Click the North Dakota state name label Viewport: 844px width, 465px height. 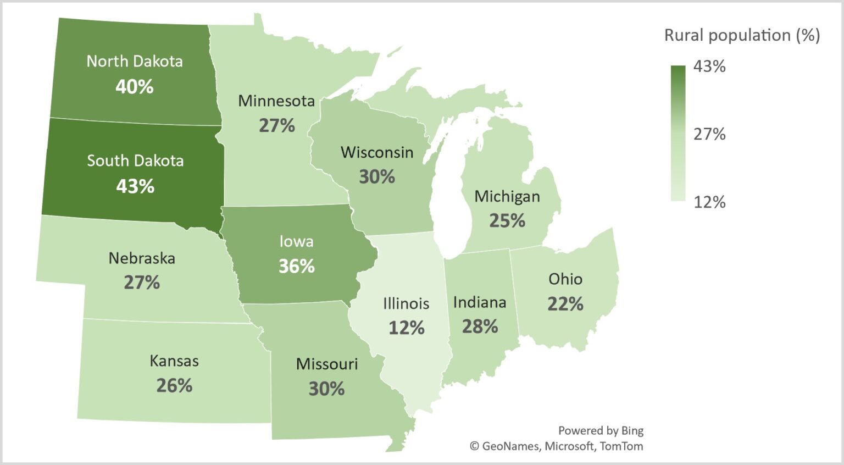click(135, 61)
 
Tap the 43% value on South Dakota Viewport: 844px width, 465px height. click(135, 186)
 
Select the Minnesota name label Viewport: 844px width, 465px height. click(276, 101)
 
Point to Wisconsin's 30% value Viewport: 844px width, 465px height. click(377, 176)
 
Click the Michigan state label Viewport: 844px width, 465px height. click(507, 196)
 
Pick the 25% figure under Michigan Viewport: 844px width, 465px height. click(507, 220)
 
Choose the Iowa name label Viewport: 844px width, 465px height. click(297, 241)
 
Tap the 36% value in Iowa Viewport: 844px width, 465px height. click(297, 266)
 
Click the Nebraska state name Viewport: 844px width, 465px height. click(142, 258)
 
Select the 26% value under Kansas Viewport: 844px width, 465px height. click(174, 385)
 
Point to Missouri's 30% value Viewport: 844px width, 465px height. click(326, 389)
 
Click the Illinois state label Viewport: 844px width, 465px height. click(406, 303)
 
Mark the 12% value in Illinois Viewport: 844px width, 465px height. click(407, 328)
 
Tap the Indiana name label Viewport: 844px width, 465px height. click(480, 302)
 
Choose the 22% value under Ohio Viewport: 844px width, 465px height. click(565, 303)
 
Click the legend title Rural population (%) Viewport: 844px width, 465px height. click(742, 35)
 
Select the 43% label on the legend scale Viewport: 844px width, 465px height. click(709, 67)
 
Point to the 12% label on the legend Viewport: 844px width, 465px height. click(709, 202)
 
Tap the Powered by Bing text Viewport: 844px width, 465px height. click(601, 430)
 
